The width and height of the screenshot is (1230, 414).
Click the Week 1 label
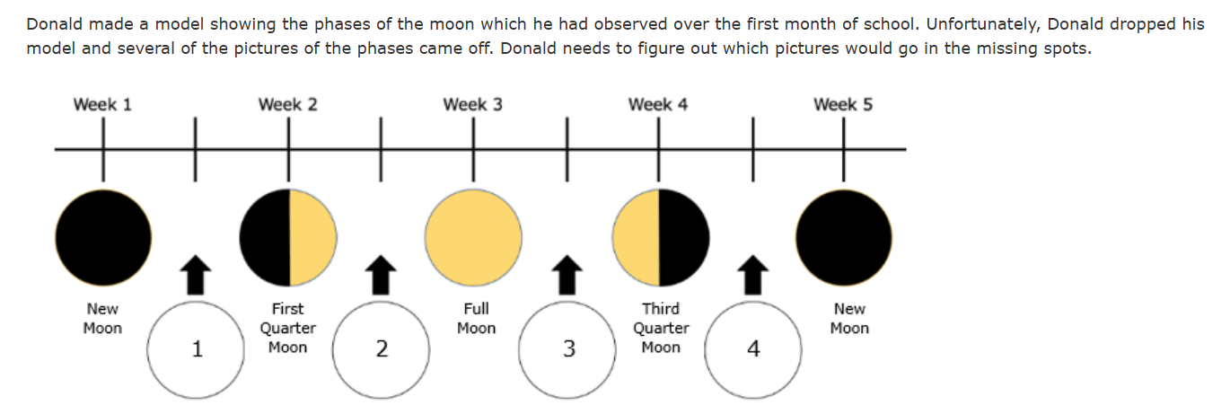pyautogui.click(x=102, y=104)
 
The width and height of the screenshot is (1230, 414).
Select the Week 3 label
pyautogui.click(x=473, y=104)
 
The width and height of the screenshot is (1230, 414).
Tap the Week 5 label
pyautogui.click(x=843, y=104)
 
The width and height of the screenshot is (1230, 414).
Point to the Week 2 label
pyautogui.click(x=287, y=104)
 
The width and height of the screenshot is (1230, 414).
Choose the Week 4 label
pyautogui.click(x=658, y=104)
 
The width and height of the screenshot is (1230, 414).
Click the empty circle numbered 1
pyautogui.click(x=196, y=349)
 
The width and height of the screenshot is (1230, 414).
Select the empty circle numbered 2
pyautogui.click(x=381, y=349)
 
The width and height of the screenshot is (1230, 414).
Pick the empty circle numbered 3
pyautogui.click(x=567, y=349)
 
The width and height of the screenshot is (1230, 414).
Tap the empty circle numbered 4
pyautogui.click(x=753, y=349)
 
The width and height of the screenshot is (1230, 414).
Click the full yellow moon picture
pyautogui.click(x=473, y=238)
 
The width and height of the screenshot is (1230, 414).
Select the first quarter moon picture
pyautogui.click(x=288, y=238)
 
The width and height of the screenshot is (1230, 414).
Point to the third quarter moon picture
pyautogui.click(x=661, y=238)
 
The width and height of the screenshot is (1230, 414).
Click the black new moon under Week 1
pyautogui.click(x=103, y=238)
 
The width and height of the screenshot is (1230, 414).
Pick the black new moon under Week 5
pyautogui.click(x=844, y=238)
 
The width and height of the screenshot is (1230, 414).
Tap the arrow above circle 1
pyautogui.click(x=196, y=275)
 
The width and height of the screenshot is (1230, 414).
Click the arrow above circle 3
pyautogui.click(x=567, y=275)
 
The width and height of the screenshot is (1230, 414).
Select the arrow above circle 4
pyautogui.click(x=753, y=275)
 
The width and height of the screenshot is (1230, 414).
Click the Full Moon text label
pyautogui.click(x=476, y=319)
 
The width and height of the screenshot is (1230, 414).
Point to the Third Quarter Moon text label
pyautogui.click(x=661, y=328)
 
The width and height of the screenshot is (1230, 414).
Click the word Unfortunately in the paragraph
pyautogui.click(x=981, y=24)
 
